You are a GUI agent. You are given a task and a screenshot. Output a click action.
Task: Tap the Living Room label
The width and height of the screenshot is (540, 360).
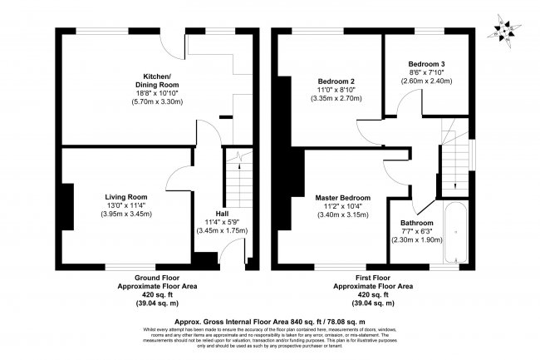[x=127, y=197]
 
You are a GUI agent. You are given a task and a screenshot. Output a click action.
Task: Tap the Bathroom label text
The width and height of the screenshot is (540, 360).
[x=417, y=223]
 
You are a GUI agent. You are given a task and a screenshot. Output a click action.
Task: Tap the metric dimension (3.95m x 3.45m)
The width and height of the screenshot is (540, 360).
[x=127, y=215]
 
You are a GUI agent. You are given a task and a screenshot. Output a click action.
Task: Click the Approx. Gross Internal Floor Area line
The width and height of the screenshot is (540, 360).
[x=270, y=320]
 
